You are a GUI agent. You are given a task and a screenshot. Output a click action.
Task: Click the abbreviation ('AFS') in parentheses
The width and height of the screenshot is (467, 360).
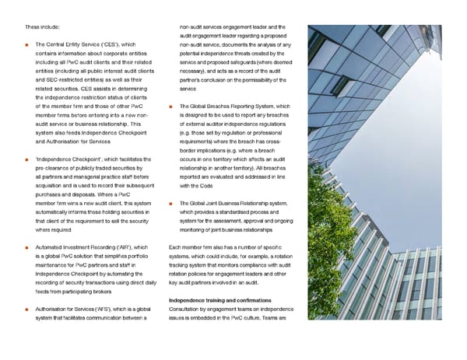(110, 309)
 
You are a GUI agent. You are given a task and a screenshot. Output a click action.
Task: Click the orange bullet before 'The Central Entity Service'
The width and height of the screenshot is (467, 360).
(27, 45)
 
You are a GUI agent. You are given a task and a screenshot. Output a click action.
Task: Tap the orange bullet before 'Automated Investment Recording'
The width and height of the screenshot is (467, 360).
(27, 247)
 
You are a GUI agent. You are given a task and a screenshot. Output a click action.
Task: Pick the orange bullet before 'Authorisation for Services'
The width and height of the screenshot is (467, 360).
(27, 309)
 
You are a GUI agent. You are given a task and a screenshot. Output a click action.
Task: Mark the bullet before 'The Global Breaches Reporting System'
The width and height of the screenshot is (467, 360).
(170, 107)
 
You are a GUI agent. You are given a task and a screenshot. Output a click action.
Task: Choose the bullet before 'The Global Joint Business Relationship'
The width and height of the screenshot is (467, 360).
(170, 204)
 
